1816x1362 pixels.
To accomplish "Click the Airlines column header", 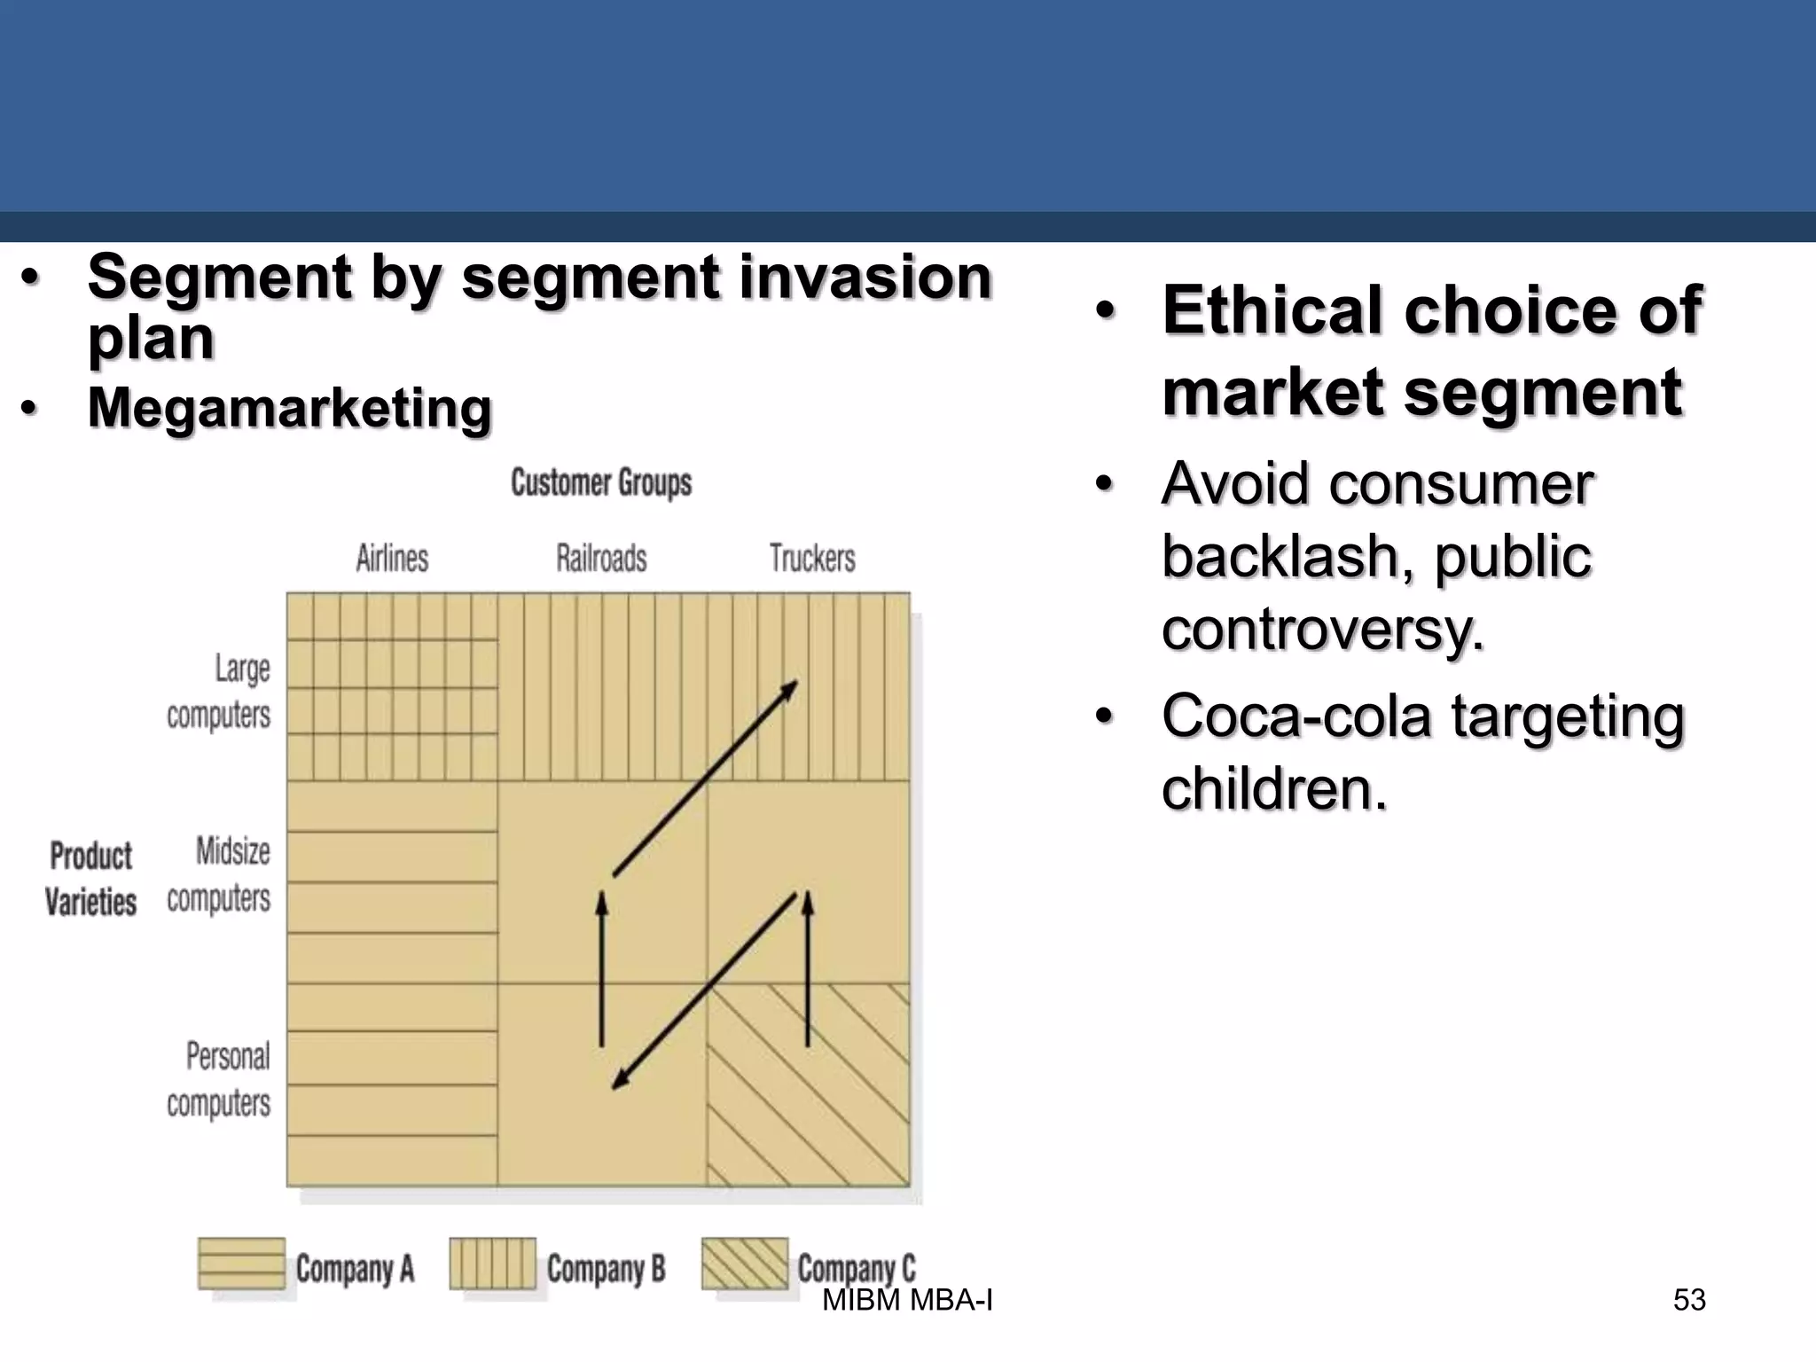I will [392, 559].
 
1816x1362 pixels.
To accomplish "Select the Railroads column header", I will [601, 559].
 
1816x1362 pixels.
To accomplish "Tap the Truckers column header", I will [812, 559].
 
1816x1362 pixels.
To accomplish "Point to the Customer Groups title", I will [601, 483].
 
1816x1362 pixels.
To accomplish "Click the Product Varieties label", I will [90, 879].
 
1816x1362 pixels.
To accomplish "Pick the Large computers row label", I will [219, 692].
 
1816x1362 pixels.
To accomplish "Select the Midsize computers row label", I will [219, 874].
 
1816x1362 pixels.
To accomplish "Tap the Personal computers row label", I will [219, 1080].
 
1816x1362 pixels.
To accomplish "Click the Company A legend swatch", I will [241, 1264].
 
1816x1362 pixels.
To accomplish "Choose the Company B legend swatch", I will [492, 1264].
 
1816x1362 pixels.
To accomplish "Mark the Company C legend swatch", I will [744, 1264].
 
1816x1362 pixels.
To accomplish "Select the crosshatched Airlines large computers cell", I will [392, 687].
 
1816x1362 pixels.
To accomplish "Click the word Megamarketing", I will [289, 408].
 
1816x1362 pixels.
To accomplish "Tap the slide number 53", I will [1688, 1300].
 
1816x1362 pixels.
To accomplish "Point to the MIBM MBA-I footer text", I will [907, 1301].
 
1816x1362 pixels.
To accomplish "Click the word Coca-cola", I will [1295, 716].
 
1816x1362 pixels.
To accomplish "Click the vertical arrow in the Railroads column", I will [602, 971].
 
